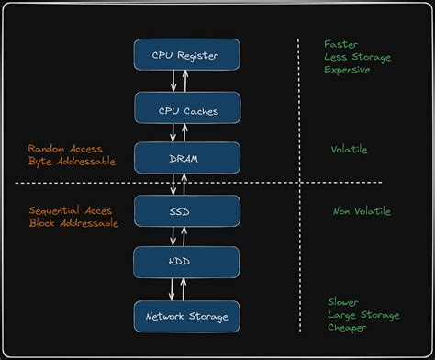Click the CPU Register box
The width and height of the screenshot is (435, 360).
click(x=187, y=54)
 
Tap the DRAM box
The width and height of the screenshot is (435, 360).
click(x=187, y=158)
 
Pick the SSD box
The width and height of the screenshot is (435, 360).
click(x=187, y=211)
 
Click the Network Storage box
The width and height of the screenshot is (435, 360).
click(x=187, y=316)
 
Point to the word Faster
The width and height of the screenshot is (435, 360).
click(x=340, y=43)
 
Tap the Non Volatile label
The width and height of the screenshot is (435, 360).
click(x=361, y=211)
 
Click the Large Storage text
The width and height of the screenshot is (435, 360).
click(x=363, y=315)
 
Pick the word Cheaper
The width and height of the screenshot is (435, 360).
click(x=350, y=328)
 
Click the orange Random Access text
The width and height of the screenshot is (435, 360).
click(x=65, y=149)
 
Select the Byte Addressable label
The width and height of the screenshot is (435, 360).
click(x=72, y=162)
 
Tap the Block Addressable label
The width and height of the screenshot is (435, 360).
click(x=73, y=223)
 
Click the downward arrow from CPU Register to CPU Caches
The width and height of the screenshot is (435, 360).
click(x=173, y=81)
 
